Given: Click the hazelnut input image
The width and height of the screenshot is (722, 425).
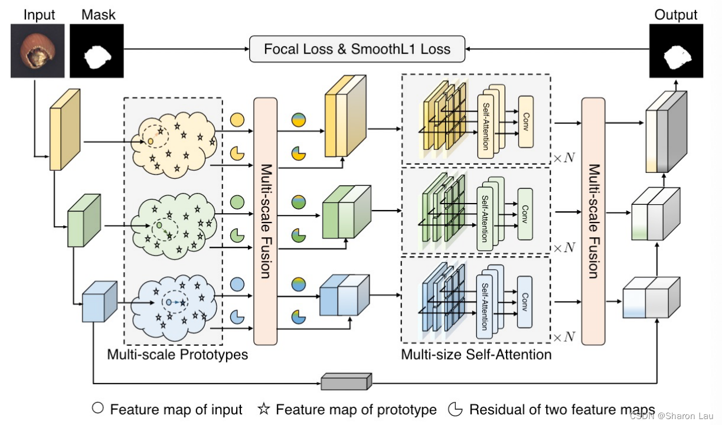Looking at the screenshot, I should tap(34, 51).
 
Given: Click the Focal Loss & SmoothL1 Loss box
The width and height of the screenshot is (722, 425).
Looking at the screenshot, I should tap(357, 48).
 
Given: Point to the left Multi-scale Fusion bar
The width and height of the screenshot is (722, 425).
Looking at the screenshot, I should tap(265, 221).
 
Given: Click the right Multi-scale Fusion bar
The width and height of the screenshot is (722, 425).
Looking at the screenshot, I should tap(593, 221).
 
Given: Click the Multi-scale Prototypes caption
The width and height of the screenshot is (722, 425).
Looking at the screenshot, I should tap(177, 355).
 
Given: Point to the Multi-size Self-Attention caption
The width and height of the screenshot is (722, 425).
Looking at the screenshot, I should tap(476, 355).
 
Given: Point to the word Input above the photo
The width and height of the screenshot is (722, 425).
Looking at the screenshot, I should tap(40, 15).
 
